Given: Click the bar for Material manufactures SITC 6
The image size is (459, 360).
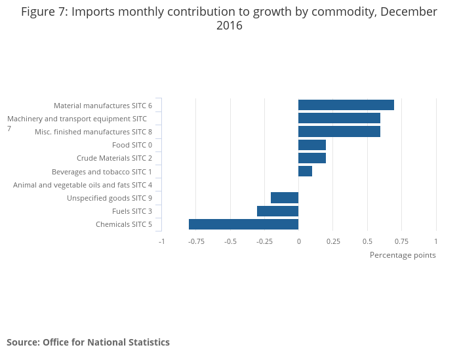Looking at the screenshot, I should pyautogui.click(x=346, y=105).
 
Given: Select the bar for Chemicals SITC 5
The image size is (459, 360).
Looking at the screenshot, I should pyautogui.click(x=243, y=224).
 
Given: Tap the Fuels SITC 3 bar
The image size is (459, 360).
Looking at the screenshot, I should pyautogui.click(x=277, y=211).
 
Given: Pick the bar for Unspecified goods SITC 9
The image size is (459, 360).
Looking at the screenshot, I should pyautogui.click(x=285, y=198).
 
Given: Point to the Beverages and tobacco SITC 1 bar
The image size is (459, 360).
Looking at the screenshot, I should pyautogui.click(x=305, y=171).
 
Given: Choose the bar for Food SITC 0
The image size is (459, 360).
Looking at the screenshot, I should pyautogui.click(x=312, y=145).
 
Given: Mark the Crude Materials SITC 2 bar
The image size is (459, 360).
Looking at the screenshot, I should pyautogui.click(x=312, y=158).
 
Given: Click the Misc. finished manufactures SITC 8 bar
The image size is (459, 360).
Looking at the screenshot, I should pyautogui.click(x=339, y=132).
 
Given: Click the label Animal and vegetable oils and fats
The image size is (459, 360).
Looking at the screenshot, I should pyautogui.click(x=83, y=185).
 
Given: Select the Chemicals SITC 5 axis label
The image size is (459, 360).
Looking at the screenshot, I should pyautogui.click(x=124, y=225).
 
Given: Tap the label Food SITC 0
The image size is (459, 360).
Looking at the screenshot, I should pyautogui.click(x=132, y=145).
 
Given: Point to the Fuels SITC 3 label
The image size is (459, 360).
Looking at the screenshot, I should pyautogui.click(x=132, y=211).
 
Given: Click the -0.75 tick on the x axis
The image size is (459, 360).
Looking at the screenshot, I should pyautogui.click(x=196, y=241).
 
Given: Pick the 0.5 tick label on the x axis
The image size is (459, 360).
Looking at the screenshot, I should pyautogui.click(x=367, y=241).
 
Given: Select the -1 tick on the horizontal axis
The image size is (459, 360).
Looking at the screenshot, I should pyautogui.click(x=162, y=241).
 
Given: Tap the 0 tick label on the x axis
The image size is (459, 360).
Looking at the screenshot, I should pyautogui.click(x=298, y=241).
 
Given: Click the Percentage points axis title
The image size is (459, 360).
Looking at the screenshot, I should pyautogui.click(x=403, y=255).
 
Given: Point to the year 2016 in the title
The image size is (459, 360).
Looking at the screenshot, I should pyautogui.click(x=229, y=26).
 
